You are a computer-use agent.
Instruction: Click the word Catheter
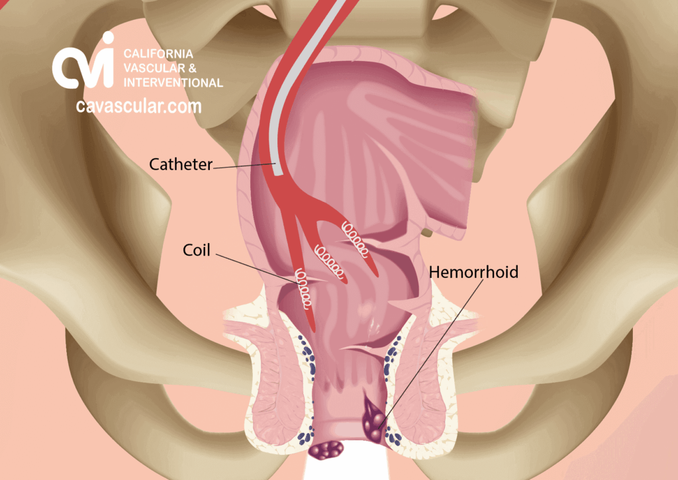[181, 164]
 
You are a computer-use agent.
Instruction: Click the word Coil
[196, 250]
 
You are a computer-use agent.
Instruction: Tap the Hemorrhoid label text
[473, 272]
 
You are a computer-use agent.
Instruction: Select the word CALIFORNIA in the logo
[158, 54]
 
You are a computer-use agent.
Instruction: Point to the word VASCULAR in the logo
[148, 68]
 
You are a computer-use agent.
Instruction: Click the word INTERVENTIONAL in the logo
[173, 82]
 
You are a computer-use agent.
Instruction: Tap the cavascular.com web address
[139, 107]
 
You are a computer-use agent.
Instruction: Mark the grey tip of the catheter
[279, 171]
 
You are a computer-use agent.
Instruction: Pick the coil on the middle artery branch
[330, 262]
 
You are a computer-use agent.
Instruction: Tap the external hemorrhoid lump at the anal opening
[326, 450]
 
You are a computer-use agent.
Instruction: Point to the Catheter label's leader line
[244, 166]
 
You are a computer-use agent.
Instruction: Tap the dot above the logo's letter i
[108, 37]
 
